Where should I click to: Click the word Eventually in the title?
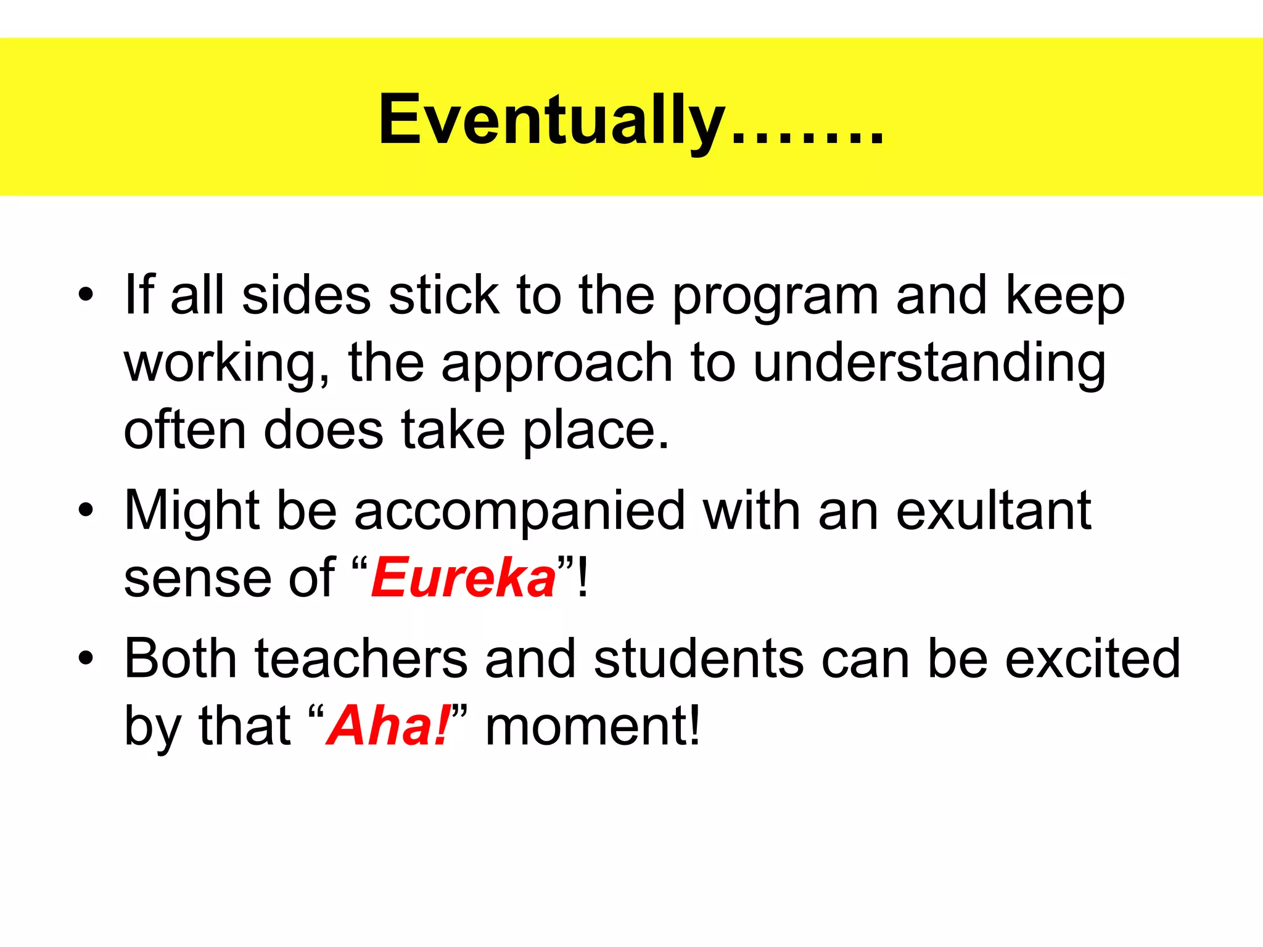pos(552,120)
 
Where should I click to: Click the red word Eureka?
pos(464,578)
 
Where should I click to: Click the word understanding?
pos(929,364)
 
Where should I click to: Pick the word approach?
pos(556,364)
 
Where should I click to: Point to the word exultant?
pos(994,510)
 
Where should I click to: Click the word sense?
pos(197,578)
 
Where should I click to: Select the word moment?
pos(593,726)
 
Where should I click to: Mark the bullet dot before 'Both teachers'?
pos(86,658)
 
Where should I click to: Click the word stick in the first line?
pos(443,295)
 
